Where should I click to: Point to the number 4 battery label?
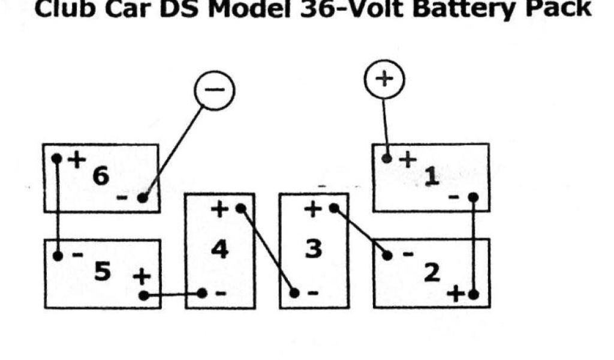(220, 249)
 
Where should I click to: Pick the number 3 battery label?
(314, 249)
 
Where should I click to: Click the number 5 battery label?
(102, 272)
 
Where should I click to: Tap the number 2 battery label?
(431, 272)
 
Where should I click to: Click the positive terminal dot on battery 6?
(57, 159)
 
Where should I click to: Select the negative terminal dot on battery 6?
(142, 197)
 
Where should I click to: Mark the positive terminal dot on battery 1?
(387, 158)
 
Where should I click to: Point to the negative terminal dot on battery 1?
(473, 197)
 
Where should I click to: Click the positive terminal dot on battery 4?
(240, 208)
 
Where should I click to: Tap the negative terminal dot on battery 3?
(294, 293)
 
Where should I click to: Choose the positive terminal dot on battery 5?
(143, 295)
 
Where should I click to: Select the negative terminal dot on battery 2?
(387, 256)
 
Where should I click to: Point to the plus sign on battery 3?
(312, 209)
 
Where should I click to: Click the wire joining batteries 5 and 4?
(173, 294)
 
